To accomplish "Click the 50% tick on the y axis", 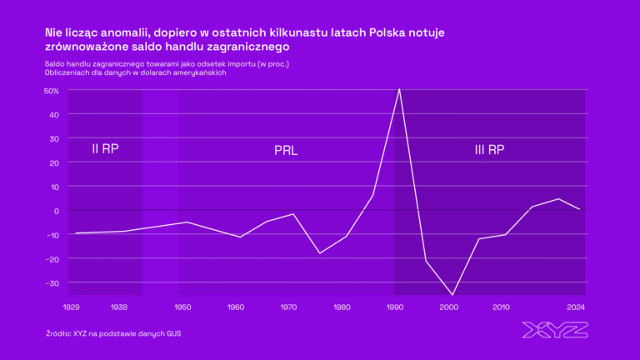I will coord(51,90).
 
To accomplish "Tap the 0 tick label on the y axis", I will coord(55,211).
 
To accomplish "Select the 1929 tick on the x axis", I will coord(72,307).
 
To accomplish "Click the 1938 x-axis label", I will coord(118,307).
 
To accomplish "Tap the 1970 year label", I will coord(288,307).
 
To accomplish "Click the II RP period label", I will coord(105,149).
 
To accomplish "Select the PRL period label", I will coord(286,151).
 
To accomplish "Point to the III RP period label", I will coord(489,150).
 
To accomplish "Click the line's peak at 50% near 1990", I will coord(400,89).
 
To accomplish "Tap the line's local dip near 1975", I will coord(319,253).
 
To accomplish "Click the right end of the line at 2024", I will coord(579,209).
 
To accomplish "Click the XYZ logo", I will coord(554,330).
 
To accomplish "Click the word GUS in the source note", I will coord(172,334).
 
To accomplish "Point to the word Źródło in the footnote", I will coord(58,334).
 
